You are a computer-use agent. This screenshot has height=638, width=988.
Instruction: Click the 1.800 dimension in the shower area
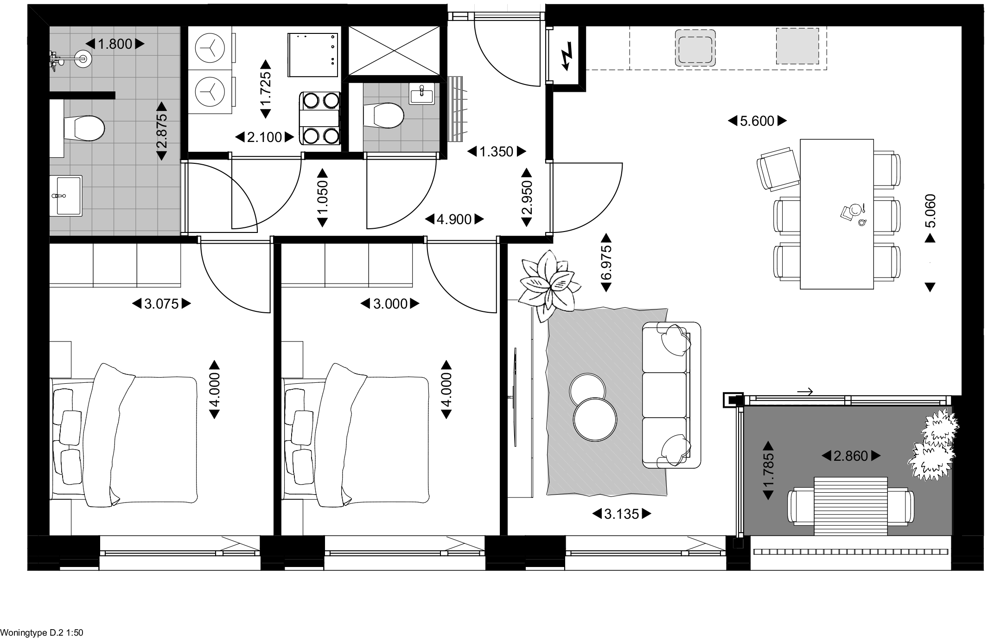click(115, 44)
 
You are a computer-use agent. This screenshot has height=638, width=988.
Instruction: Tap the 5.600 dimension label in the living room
click(757, 121)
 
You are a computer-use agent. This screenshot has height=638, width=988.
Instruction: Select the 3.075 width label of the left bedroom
click(161, 304)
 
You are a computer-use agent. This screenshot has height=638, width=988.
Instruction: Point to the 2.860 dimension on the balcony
click(851, 456)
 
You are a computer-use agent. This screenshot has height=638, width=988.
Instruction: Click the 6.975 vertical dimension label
click(606, 263)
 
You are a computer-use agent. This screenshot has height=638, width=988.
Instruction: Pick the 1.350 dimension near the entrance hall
click(497, 151)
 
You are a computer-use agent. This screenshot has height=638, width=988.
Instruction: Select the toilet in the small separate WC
click(383, 115)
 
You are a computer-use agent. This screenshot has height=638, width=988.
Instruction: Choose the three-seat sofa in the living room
click(671, 395)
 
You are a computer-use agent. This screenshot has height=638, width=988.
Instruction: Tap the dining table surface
click(837, 214)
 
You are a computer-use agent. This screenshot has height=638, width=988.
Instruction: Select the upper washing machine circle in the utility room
click(210, 48)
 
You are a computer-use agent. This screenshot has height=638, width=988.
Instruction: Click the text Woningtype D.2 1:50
click(42, 632)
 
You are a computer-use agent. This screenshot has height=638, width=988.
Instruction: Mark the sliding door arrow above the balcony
click(805, 392)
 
